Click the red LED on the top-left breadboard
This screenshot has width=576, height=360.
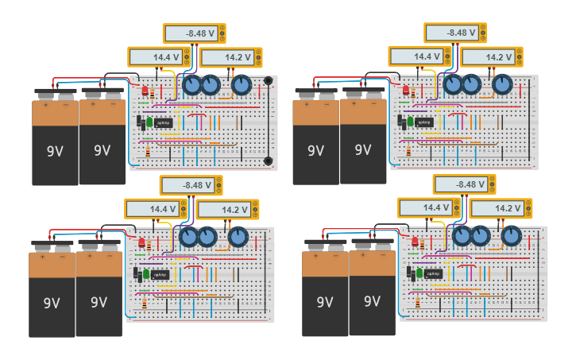(145, 91)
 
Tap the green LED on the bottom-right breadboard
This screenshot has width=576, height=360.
(419, 272)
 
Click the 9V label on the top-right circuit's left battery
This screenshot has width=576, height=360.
(315, 150)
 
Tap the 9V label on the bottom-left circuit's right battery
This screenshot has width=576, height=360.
(99, 302)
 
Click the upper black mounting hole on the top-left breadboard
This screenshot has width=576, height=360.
(269, 81)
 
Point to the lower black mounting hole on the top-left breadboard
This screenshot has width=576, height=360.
(269, 161)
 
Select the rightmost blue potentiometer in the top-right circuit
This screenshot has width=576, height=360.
(502, 84)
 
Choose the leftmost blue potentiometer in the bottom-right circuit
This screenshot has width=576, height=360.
(462, 236)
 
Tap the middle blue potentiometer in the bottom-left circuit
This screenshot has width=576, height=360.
(207, 236)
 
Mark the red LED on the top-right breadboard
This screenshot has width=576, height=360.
(405, 91)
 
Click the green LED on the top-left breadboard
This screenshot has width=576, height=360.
(149, 122)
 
